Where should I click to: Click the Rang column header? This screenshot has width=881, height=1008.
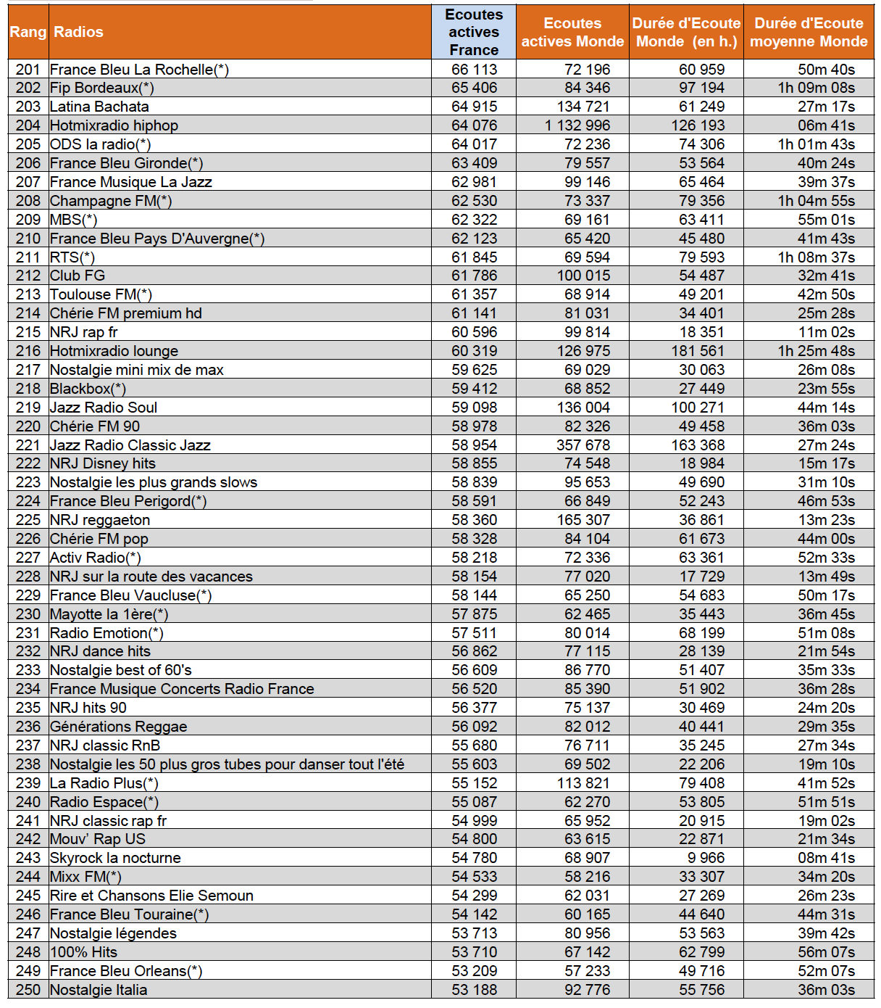[28, 32]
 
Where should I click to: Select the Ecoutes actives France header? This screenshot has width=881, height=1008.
[474, 32]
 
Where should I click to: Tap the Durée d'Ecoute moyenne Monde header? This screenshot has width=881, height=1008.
[809, 32]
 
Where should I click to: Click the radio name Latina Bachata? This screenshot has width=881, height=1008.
[99, 107]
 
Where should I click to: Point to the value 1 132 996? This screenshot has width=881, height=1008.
[577, 125]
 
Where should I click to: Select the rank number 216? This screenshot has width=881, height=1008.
[28, 351]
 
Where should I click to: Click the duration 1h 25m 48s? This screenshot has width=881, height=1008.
[817, 351]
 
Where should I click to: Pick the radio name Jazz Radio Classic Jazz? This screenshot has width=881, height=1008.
[130, 445]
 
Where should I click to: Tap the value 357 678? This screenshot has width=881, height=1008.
[583, 445]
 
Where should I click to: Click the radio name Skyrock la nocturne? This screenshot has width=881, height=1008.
[115, 858]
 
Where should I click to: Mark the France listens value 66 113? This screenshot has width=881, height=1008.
[475, 70]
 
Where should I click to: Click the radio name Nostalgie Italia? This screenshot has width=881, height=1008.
[99, 990]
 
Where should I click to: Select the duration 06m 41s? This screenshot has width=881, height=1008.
[827, 125]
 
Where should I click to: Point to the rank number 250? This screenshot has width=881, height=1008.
[28, 990]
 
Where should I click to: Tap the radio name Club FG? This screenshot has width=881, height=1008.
[78, 276]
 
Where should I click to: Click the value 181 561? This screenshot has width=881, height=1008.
[698, 351]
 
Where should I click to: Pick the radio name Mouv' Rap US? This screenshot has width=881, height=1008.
[98, 839]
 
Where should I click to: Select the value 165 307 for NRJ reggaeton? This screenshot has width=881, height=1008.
[583, 520]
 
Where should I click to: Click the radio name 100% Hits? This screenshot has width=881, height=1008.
[83, 952]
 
